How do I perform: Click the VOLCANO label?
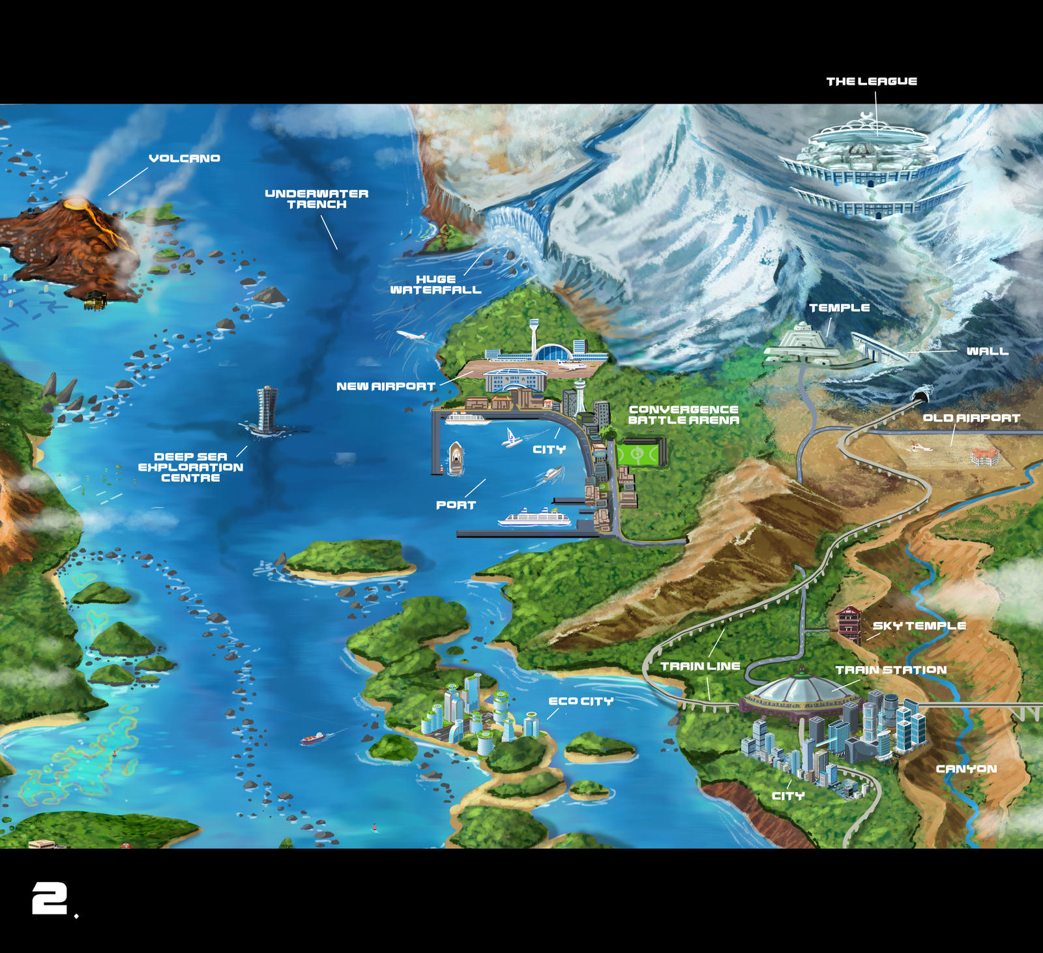tap(184, 158)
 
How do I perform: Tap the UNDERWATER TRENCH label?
tap(317, 199)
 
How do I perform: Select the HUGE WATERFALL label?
tap(435, 284)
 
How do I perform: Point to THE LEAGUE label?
tap(872, 81)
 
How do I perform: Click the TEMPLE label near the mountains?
tap(839, 308)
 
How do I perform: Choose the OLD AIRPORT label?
tap(971, 418)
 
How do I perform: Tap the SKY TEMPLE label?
tap(919, 626)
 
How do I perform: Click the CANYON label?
tap(966, 769)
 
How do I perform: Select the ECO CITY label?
tap(581, 701)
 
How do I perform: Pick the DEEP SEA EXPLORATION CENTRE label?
tap(190, 467)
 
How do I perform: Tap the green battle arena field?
tap(640, 452)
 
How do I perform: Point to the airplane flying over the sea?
tap(411, 336)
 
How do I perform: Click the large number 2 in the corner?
tap(50, 898)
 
